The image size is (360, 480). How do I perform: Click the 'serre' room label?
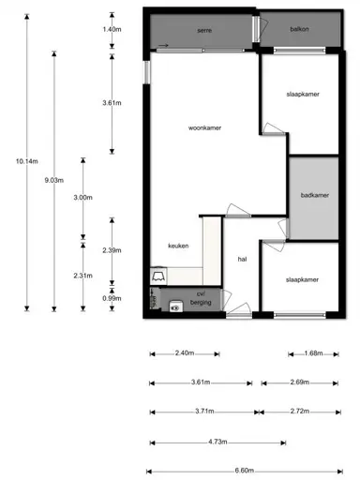point(203,30)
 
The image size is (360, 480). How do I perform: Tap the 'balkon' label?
point(300,29)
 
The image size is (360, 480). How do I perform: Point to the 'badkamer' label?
point(314,195)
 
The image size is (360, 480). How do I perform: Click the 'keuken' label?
point(178,246)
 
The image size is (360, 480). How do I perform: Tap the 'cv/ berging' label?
point(202,299)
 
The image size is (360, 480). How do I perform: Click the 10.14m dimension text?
point(26,161)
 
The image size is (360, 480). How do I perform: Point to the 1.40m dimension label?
point(112,29)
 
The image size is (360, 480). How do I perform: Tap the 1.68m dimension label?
point(313,353)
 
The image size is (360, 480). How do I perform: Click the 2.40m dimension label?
point(184,353)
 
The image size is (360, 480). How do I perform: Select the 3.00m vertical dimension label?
point(82,197)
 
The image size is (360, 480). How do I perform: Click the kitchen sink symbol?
point(158,277)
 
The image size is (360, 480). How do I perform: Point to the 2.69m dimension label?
point(301,382)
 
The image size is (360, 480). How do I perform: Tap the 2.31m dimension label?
point(82,275)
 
